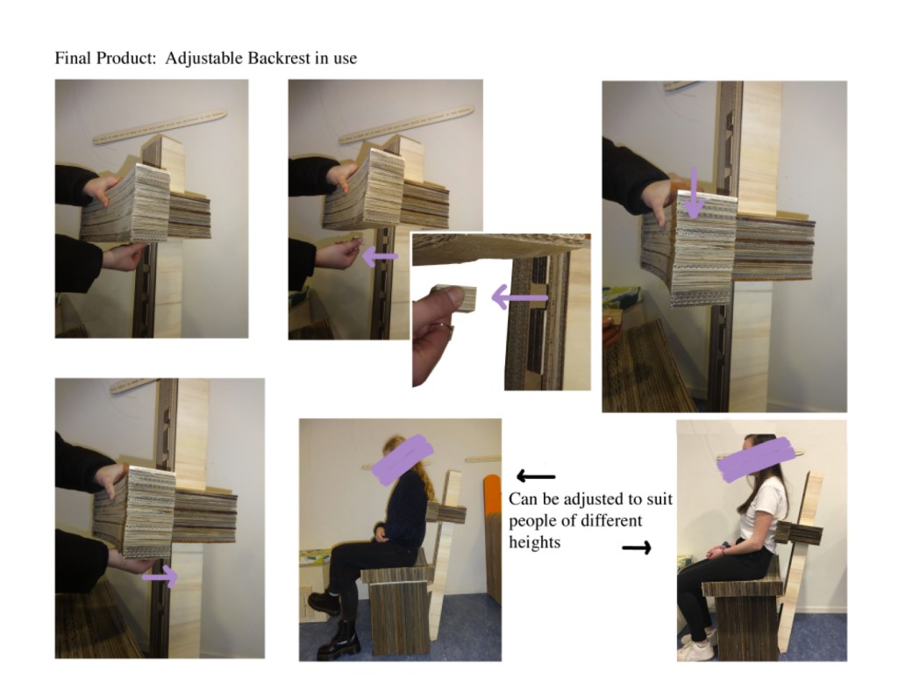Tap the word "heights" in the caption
[x=534, y=542]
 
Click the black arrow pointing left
[x=536, y=476]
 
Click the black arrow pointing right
[x=637, y=547]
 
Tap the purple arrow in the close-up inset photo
[x=519, y=297]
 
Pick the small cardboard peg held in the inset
[x=461, y=298]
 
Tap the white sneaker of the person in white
[x=696, y=648]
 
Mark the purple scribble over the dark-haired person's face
[x=756, y=459]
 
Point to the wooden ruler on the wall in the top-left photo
[x=160, y=126]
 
